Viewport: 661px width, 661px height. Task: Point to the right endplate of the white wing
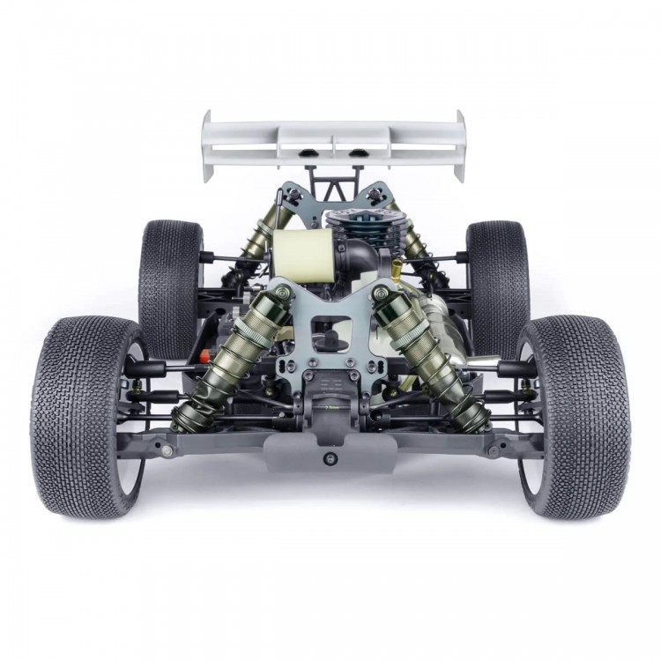click(458, 145)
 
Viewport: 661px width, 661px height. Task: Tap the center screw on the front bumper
click(330, 459)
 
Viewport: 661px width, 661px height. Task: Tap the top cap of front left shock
click(280, 293)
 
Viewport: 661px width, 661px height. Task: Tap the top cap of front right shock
click(381, 293)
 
